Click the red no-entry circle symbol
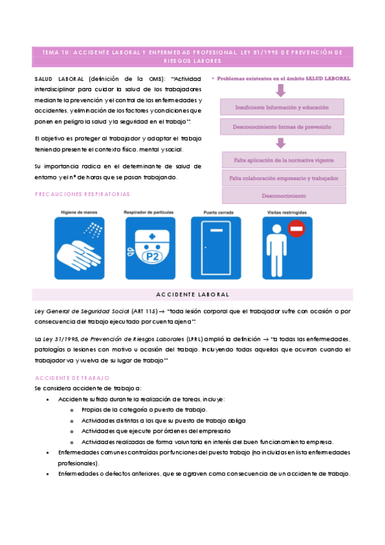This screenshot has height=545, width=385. (x=296, y=228)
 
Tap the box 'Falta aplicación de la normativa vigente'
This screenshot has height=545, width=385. (x=285, y=159)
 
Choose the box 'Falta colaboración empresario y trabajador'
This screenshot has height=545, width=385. (x=285, y=177)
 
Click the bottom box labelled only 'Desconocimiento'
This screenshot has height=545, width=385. (x=285, y=195)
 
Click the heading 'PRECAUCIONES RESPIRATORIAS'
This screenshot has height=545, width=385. (x=82, y=193)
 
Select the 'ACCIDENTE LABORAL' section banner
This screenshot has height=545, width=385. (x=192, y=294)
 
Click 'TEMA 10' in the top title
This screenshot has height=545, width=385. (x=56, y=52)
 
